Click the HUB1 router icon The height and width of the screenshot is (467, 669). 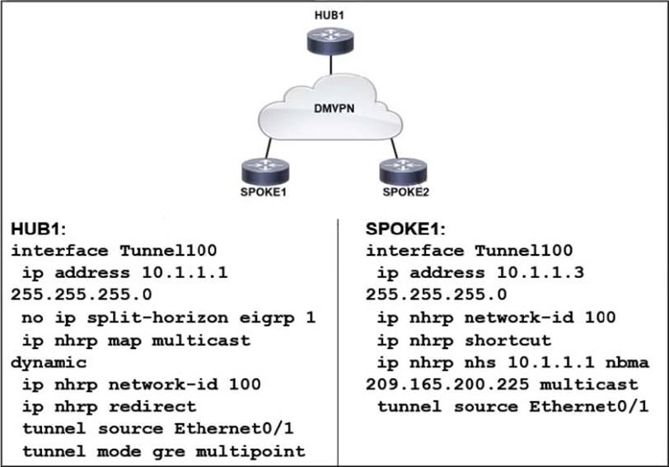pyautogui.click(x=331, y=40)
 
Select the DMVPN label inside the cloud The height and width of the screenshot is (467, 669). pyautogui.click(x=333, y=109)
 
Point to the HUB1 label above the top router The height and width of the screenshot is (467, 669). pyautogui.click(x=331, y=15)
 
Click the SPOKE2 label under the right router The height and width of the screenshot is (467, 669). pyautogui.click(x=401, y=192)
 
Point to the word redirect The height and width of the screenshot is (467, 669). pyautogui.click(x=162, y=406)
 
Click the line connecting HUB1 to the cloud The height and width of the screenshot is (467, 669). pyautogui.click(x=331, y=68)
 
